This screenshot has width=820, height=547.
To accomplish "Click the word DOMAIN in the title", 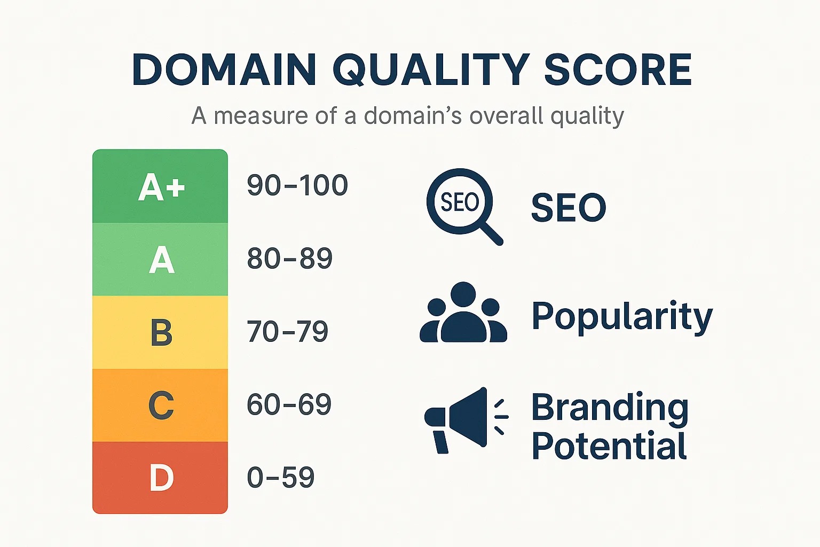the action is tap(224, 69).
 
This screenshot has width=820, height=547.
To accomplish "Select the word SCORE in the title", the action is tap(618, 69).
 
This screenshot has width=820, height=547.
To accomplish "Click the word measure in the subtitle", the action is tap(261, 116).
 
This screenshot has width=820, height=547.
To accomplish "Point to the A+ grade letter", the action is tap(161, 187).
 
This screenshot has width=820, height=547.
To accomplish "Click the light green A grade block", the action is tap(160, 259).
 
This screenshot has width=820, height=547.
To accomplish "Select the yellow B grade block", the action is tap(160, 332).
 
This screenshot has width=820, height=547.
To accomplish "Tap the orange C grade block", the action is tap(160, 405).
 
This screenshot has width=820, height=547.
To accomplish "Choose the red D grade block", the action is tap(160, 478).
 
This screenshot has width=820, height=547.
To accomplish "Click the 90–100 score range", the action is tap(297, 185).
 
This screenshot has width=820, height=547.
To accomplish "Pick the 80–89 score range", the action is tap(289, 258).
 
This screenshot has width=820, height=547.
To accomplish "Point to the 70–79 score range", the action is tap(287, 331).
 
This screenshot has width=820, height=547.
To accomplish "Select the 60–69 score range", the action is tap(289, 404).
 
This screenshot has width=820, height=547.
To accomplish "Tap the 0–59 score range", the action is tap(281, 477).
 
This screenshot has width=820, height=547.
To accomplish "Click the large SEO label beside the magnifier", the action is tap(569, 207).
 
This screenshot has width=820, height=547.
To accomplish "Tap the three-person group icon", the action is tap(463, 312).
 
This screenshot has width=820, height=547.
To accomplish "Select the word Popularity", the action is tap(622, 317).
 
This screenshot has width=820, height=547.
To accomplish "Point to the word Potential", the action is tap(609, 445).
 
